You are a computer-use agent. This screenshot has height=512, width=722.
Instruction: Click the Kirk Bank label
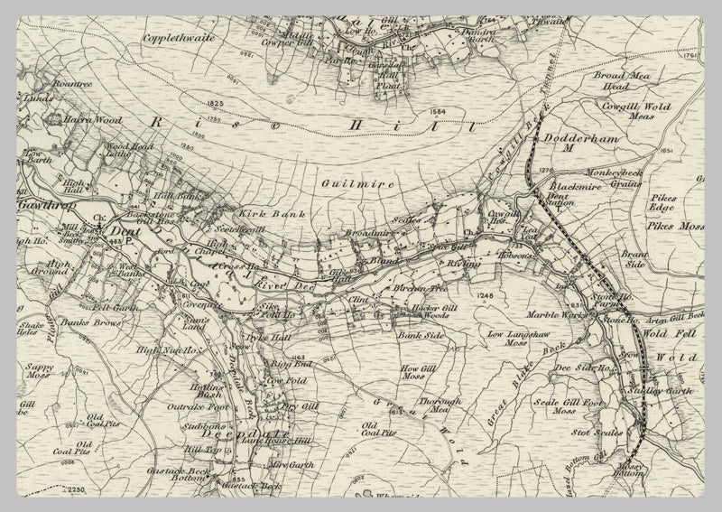pos(261,215)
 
